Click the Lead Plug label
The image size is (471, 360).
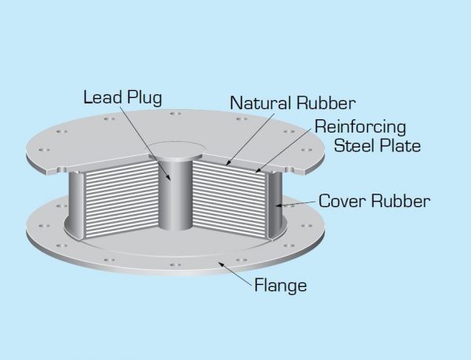(122, 97)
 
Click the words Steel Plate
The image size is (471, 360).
(377, 146)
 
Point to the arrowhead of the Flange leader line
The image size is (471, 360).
(221, 264)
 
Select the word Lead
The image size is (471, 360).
(101, 97)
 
